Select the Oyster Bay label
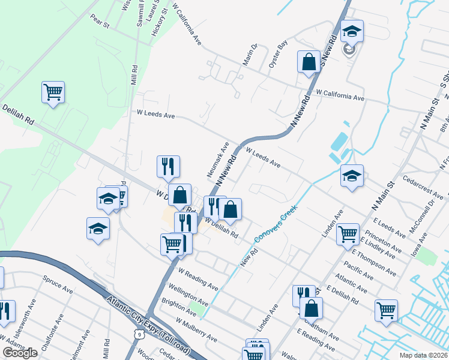coord(279,54)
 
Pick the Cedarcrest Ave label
coord(423,188)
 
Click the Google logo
coord(20,353)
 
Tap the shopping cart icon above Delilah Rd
coord(53,92)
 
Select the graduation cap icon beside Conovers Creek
coord(352,176)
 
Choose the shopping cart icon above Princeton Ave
coord(348,234)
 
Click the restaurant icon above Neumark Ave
coord(168,166)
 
